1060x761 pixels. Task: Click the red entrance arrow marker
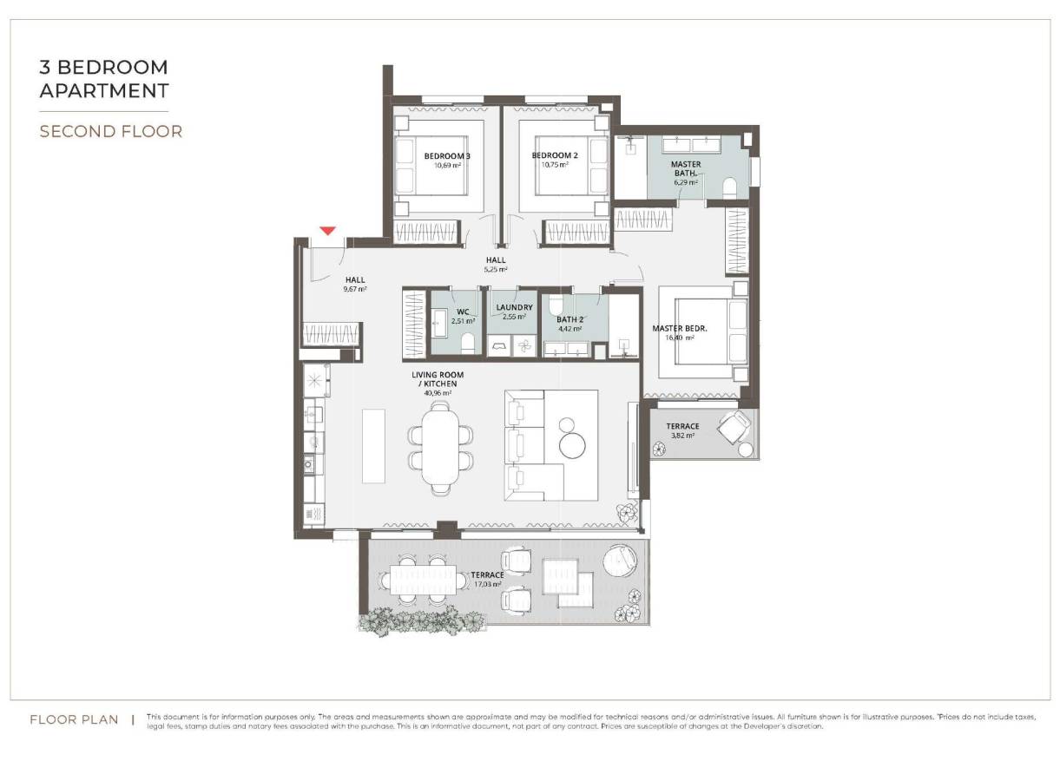point(327,231)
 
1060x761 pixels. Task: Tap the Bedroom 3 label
point(447,156)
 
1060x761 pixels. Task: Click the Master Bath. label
point(686,168)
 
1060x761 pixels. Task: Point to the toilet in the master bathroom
point(729,187)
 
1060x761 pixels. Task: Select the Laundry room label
point(514,307)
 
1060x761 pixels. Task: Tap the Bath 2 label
point(570,318)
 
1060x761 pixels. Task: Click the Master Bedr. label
point(680,328)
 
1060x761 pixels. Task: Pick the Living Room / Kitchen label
point(438,379)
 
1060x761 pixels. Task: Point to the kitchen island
point(375,445)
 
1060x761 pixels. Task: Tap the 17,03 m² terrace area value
point(487,585)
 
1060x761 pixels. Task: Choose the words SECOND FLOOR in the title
point(111,132)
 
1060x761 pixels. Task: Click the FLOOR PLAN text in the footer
point(74,719)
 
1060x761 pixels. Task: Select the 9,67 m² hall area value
point(355,289)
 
